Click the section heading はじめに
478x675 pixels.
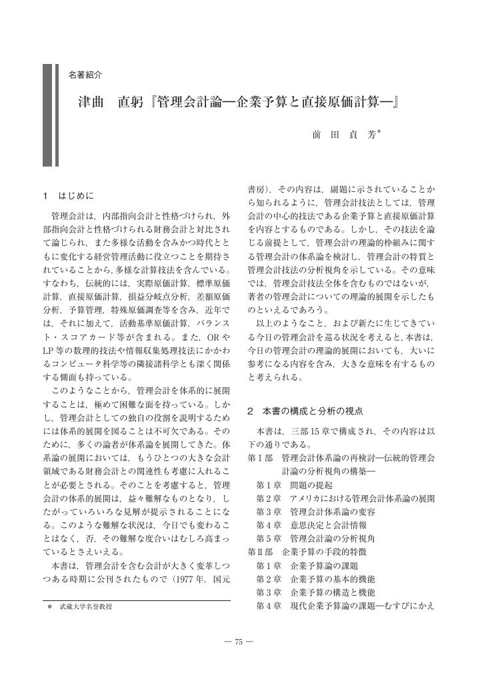point(77,197)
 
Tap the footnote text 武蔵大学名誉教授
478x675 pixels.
point(86,607)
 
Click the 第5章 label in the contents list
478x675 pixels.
point(269,538)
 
